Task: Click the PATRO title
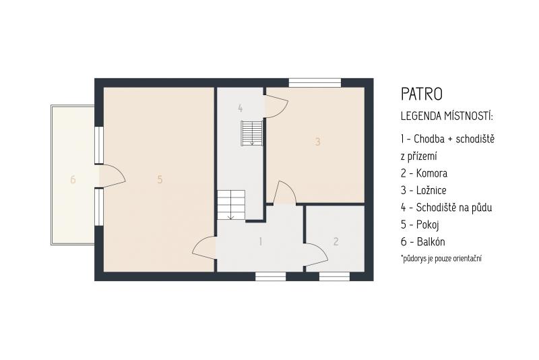point(422,94)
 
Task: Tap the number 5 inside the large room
point(160,179)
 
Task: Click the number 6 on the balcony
point(73,179)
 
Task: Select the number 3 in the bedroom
point(317,142)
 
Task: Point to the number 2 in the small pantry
point(336,241)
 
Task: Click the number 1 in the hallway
point(261,241)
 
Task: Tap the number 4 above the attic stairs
point(241,109)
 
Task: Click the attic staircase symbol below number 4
point(252,133)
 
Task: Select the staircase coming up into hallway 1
point(230,205)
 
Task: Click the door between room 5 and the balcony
point(113,177)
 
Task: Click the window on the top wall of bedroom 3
point(315,83)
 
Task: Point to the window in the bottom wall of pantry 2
point(334,276)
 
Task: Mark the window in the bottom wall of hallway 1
point(271,276)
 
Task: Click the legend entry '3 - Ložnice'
point(424,190)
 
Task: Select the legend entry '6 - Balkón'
point(423,242)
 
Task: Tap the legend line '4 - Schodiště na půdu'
point(446,208)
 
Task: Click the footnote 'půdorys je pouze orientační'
point(441,258)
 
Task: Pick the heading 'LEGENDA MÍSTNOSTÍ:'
point(447,116)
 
